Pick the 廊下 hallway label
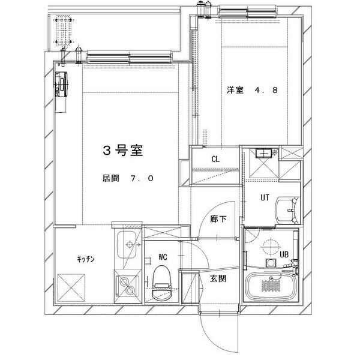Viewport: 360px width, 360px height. click(x=218, y=219)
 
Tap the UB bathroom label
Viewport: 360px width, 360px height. click(x=285, y=254)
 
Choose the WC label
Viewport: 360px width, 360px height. click(x=163, y=257)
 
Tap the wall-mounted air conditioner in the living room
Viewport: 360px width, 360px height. click(x=62, y=84)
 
